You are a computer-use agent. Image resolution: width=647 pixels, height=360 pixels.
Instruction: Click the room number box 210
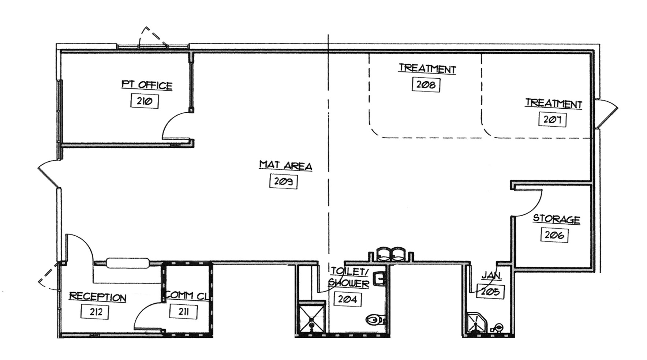(144, 101)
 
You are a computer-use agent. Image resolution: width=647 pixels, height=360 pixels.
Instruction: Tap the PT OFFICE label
(146, 85)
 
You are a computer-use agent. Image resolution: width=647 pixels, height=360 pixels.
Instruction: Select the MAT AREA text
(285, 165)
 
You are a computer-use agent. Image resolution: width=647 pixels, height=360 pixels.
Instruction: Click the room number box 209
(283, 181)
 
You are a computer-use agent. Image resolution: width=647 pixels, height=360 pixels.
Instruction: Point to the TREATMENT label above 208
(427, 68)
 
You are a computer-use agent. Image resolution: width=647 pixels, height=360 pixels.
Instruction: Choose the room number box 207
(552, 120)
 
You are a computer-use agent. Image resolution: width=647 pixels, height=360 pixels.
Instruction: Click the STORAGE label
(556, 219)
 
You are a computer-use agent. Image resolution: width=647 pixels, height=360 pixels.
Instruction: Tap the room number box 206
(554, 235)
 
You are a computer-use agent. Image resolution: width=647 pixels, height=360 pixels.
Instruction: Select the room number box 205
(490, 292)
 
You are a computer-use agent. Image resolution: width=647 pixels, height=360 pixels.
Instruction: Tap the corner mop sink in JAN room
(477, 323)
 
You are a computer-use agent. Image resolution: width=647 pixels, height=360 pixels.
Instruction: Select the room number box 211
(183, 312)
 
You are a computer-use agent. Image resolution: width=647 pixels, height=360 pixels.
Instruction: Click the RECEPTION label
(97, 297)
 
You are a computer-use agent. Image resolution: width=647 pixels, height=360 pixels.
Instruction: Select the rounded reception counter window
(128, 263)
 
